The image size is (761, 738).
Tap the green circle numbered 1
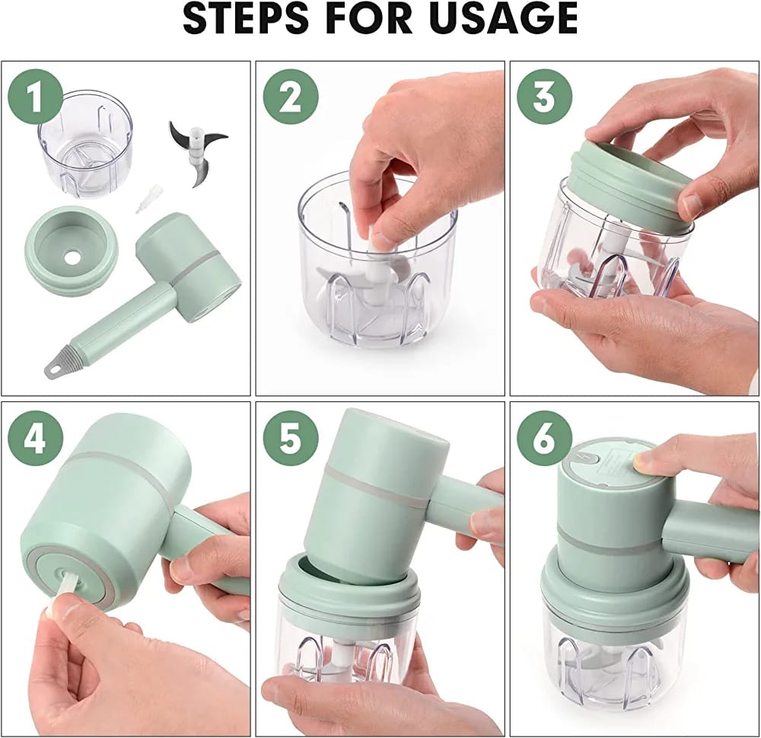pos(36,97)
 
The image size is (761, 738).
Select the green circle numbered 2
pos(290,97)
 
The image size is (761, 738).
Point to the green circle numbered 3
pos(544,97)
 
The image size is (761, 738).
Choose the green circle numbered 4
pos(36,440)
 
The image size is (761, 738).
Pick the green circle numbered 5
pos(290,440)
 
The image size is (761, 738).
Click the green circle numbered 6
pos(544,440)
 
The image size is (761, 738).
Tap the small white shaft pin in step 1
pos(143,198)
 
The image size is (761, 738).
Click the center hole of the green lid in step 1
pos(74,257)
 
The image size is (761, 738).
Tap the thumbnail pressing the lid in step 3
pos(691,206)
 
